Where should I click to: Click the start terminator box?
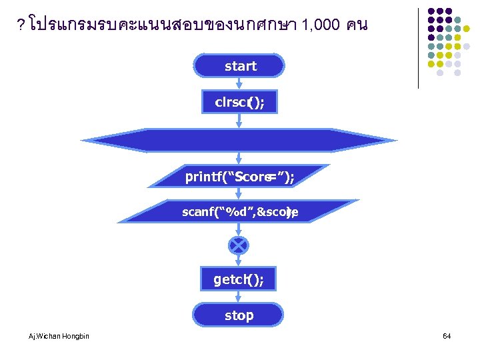coord(239,67)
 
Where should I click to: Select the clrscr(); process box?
coord(239,102)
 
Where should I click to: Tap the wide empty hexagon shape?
coord(239,141)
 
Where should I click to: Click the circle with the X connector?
coord(239,245)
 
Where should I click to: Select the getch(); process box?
coord(239,279)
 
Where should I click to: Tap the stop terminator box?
coord(239,315)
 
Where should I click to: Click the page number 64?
coord(447,336)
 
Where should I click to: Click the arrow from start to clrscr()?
coord(239,84)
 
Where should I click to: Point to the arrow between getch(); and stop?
coord(239,297)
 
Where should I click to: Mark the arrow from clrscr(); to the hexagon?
coord(239,121)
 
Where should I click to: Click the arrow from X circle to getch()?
coord(239,261)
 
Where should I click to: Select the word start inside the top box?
coord(240,66)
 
